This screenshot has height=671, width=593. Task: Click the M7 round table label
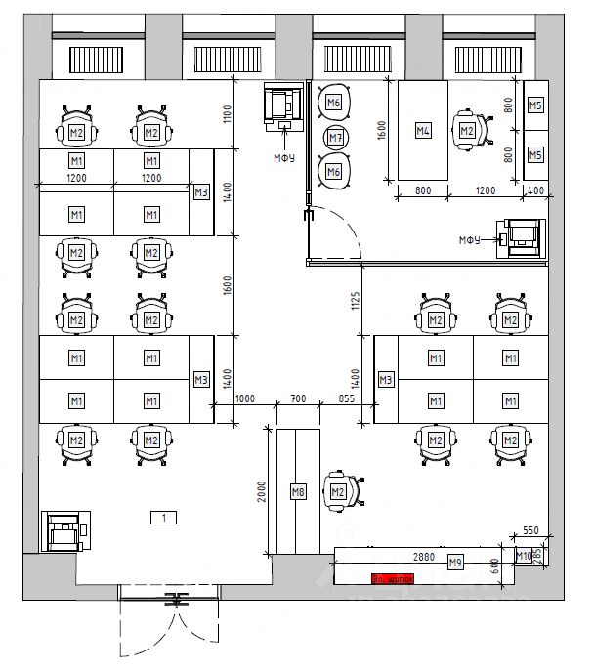click(335, 138)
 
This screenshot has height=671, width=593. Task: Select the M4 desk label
click(423, 130)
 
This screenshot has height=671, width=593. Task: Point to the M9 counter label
click(454, 563)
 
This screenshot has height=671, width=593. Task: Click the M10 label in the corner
click(524, 557)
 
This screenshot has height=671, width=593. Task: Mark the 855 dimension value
click(347, 398)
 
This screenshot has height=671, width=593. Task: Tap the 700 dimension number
click(298, 398)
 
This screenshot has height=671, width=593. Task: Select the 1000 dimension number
click(244, 398)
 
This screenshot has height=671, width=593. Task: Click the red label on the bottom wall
click(393, 578)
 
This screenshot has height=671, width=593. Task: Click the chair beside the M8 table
click(341, 490)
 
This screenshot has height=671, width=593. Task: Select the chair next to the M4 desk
click(468, 130)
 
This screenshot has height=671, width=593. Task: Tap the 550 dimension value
click(530, 530)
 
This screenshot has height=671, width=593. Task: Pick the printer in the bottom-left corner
click(64, 531)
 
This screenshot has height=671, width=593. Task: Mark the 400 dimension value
click(535, 191)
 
